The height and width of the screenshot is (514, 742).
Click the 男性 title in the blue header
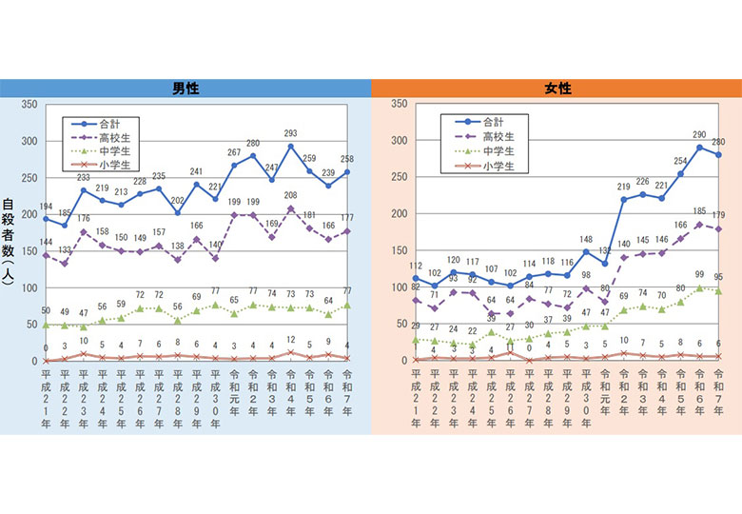pos(185,89)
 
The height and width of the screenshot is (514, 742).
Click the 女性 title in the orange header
pos(557,89)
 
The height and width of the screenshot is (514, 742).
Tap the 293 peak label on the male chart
pos(290,133)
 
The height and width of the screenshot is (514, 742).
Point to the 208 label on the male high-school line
pos(290,196)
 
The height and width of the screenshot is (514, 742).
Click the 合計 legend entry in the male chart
pos(121,123)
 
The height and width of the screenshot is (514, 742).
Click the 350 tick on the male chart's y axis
pos(29,105)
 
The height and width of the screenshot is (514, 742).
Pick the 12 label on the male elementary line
pos(290,340)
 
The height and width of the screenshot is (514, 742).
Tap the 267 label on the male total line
pos(234,152)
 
